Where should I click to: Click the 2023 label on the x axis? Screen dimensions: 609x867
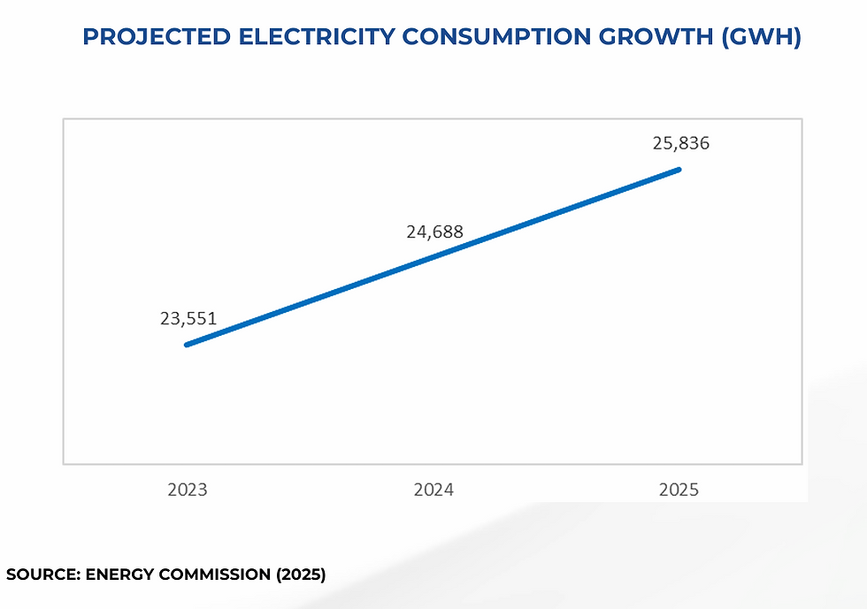pos(187,489)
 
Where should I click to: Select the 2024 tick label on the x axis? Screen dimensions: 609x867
pos(433,489)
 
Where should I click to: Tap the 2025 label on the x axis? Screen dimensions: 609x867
pos(679,489)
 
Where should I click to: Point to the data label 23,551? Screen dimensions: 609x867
pos(188,319)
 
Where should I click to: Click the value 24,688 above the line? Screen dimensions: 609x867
pos(434,233)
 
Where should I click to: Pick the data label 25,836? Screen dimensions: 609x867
pos(680,143)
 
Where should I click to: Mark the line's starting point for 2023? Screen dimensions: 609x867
pos(187,345)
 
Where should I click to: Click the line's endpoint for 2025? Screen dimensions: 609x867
pos(679,169)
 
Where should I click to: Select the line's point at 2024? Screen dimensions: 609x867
pos(433,256)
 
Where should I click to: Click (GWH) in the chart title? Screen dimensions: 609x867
pos(762,38)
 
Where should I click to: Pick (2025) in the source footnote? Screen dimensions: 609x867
pos(301,575)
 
